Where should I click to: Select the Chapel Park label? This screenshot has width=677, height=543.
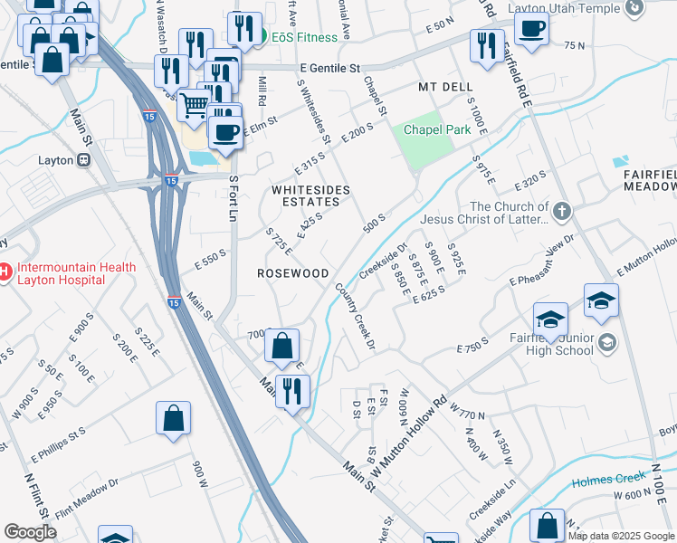point(437,129)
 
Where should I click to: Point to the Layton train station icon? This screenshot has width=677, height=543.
point(83,159)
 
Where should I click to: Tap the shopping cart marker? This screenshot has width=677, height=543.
point(195,108)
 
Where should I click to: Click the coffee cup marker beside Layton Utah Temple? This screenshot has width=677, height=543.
point(531,27)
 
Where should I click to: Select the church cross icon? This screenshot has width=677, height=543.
point(561,212)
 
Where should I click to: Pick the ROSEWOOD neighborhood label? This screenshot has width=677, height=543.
point(292,272)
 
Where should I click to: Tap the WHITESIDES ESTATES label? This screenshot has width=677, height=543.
point(311,195)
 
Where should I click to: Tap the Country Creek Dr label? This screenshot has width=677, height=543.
point(355,315)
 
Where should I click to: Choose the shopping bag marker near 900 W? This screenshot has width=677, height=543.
point(173,418)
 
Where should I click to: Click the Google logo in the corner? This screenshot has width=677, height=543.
point(29,532)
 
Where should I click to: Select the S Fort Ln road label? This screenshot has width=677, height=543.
point(233,199)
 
